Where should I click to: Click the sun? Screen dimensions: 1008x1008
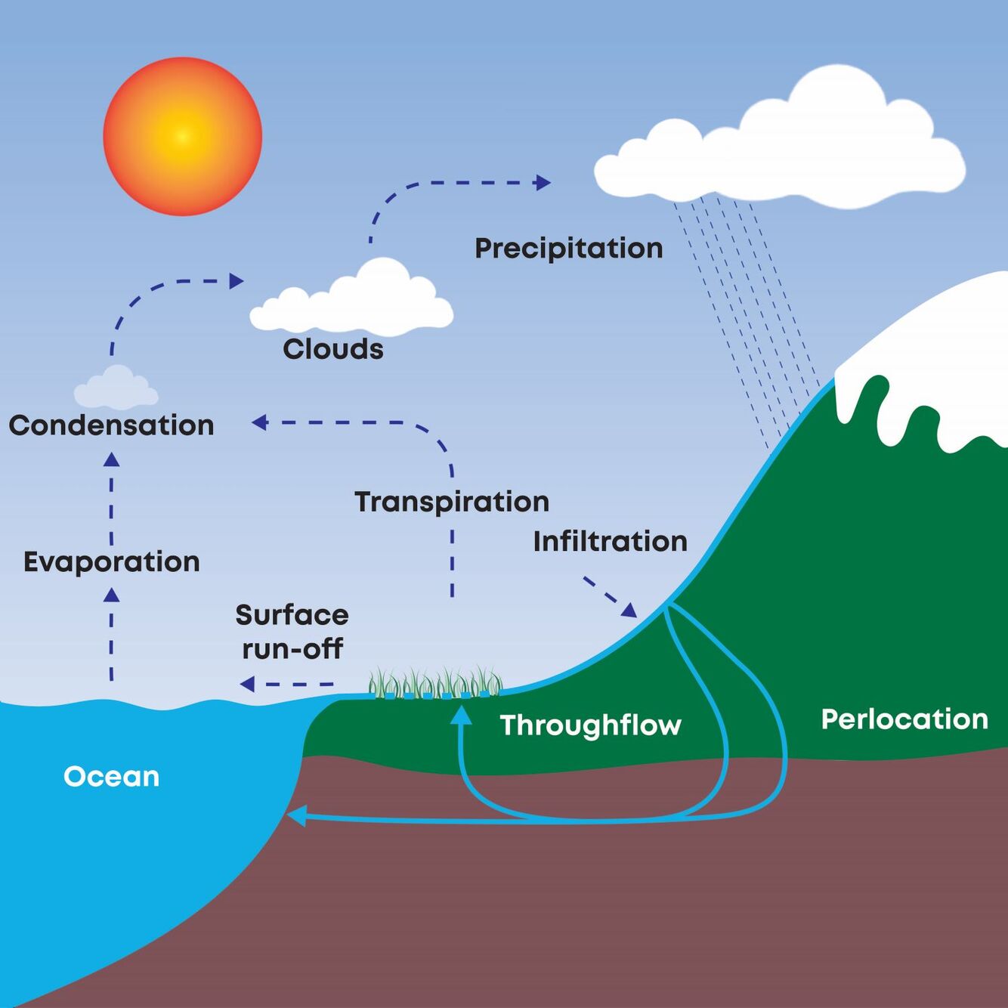click(x=182, y=137)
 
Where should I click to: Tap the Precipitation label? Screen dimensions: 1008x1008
click(x=568, y=249)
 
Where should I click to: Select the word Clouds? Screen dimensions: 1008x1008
click(x=333, y=349)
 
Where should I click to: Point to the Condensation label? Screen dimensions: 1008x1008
click(x=111, y=425)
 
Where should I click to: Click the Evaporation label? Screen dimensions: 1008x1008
click(x=111, y=562)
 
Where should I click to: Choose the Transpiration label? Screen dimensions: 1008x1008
click(x=452, y=502)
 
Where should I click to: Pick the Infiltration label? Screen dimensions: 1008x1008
click(x=610, y=542)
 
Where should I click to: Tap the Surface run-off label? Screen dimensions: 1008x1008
click(x=292, y=632)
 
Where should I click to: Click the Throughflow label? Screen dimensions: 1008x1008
click(x=590, y=725)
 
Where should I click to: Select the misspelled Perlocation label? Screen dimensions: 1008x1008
click(x=904, y=719)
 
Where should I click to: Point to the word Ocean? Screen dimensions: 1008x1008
click(x=111, y=777)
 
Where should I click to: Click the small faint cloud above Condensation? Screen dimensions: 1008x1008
click(x=116, y=388)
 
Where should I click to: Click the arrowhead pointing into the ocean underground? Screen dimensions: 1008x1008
click(x=296, y=816)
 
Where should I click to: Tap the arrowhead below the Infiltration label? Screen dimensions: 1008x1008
click(x=629, y=610)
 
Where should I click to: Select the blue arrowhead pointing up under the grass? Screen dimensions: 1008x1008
click(x=461, y=715)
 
